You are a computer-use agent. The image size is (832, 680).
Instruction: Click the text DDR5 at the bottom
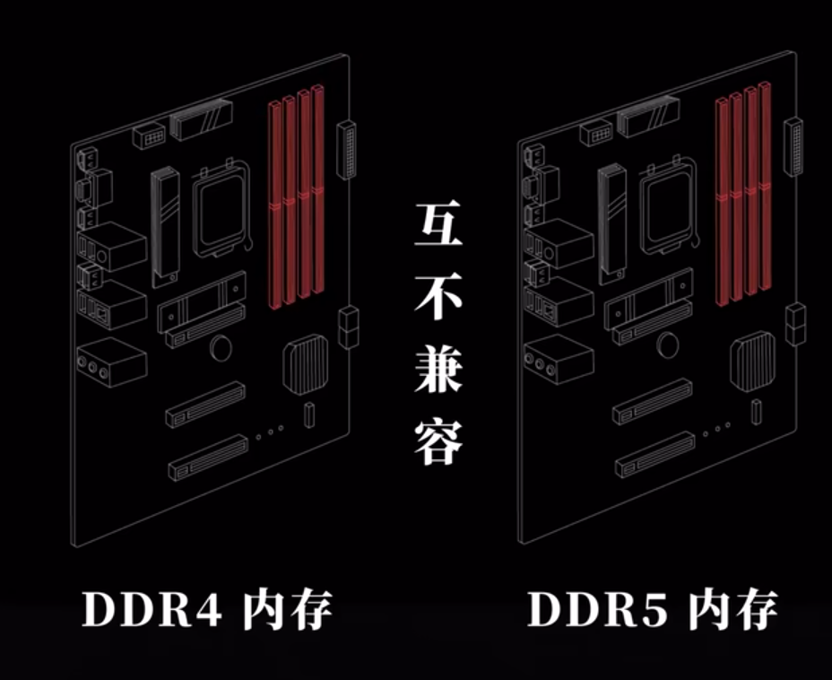[596, 609]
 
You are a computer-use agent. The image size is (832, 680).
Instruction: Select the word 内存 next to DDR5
[733, 609]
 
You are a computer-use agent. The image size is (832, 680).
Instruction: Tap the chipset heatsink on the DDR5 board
[751, 362]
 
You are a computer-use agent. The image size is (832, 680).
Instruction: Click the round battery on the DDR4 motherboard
[220, 346]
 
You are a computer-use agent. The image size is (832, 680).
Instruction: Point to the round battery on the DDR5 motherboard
[666, 344]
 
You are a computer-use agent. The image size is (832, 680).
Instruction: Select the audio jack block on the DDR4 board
[111, 364]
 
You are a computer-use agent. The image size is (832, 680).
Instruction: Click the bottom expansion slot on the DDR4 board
[207, 457]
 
